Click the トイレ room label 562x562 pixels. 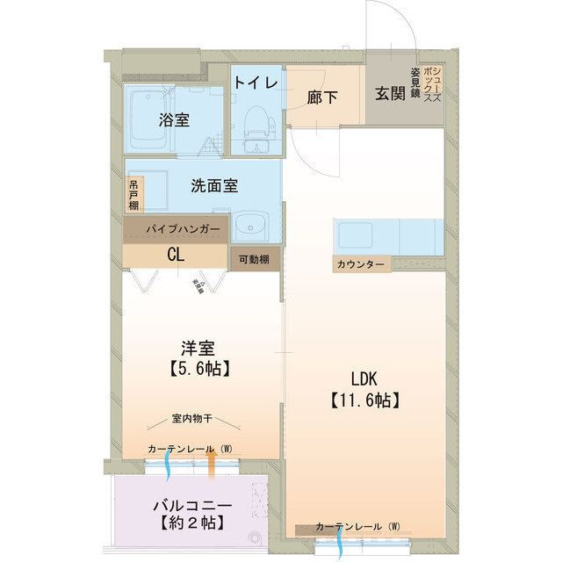[x=256, y=83]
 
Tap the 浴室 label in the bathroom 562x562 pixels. [x=174, y=120]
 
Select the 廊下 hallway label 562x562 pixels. [x=322, y=97]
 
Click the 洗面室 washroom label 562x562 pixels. [x=215, y=186]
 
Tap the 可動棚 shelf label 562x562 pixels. [x=255, y=260]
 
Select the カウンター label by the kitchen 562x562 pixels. [x=358, y=264]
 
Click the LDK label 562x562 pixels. [x=364, y=379]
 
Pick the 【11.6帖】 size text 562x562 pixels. [x=364, y=401]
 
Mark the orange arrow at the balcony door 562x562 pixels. [x=212, y=465]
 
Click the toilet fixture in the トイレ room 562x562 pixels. [x=256, y=123]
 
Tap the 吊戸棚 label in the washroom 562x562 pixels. [x=133, y=195]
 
